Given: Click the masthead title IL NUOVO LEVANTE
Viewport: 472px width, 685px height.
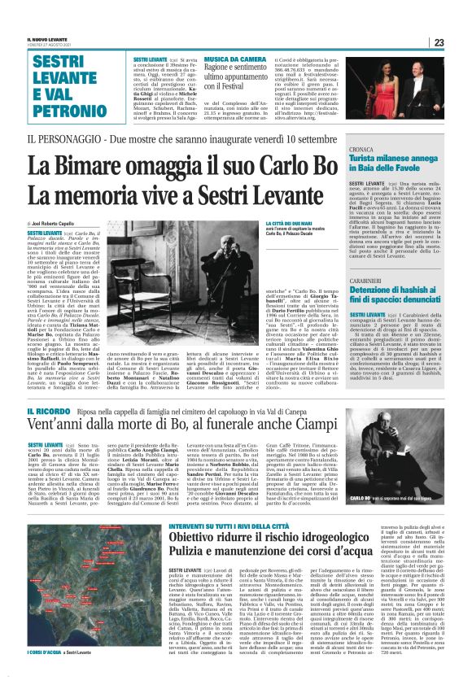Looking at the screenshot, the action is tap(44, 38).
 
